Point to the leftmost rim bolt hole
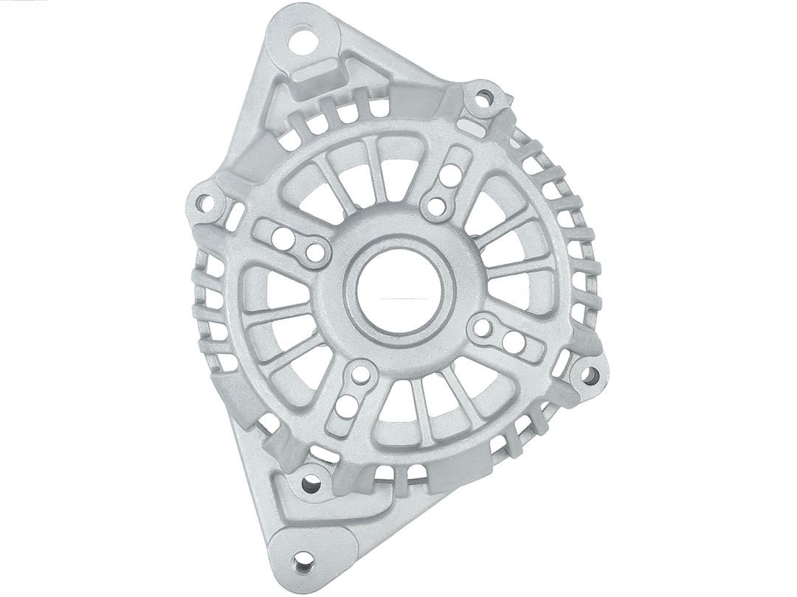tap(207, 201)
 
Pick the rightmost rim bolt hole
tap(590, 376)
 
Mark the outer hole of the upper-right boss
tap(448, 178)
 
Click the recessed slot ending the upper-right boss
tap(457, 157)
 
